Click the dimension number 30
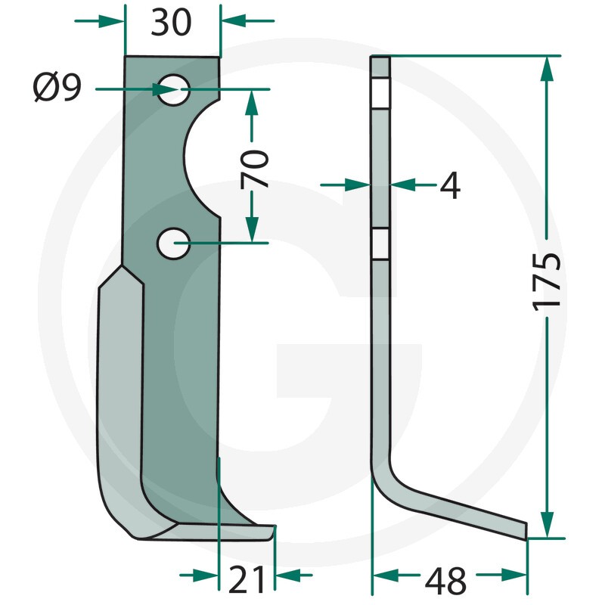(171, 23)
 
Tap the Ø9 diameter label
(57, 88)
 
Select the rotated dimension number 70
(253, 169)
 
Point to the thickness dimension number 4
(450, 185)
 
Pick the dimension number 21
(247, 580)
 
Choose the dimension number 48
(445, 581)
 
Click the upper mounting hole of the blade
(173, 89)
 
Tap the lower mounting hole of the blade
(173, 244)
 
